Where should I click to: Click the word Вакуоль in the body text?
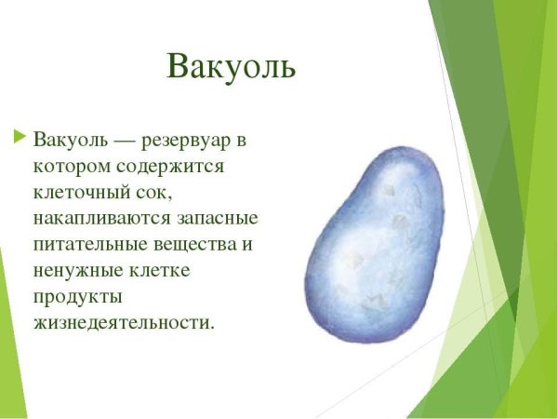(x=70, y=141)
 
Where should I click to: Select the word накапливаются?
(x=101, y=220)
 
